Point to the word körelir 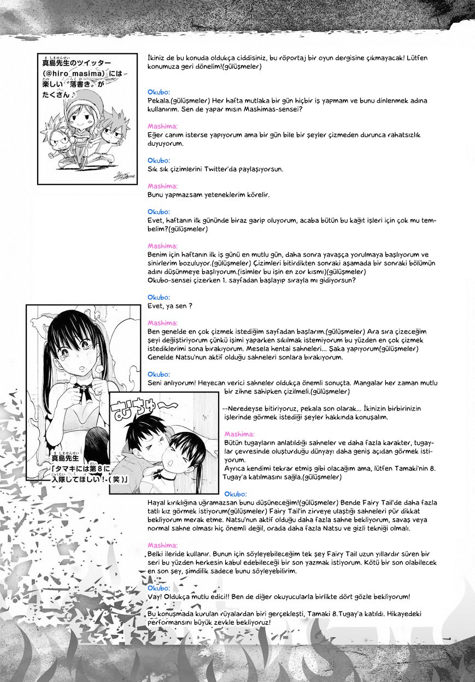[x=257, y=194]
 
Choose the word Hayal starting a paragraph [x=157, y=502]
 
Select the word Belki [x=157, y=554]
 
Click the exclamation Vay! [x=156, y=597]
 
